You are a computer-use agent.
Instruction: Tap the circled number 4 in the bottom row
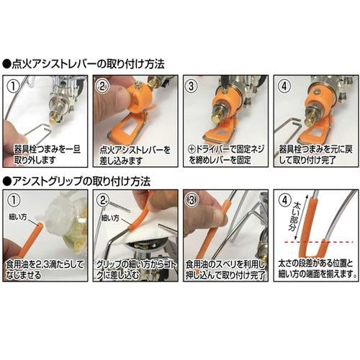tap(283, 202)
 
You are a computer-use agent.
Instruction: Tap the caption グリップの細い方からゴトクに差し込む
tap(135, 269)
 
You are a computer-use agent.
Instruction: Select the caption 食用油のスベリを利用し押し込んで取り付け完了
tap(224, 269)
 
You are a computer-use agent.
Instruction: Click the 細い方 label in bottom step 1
tap(19, 215)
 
